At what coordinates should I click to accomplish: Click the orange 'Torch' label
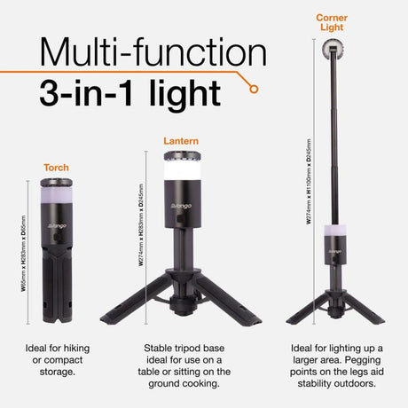[56, 167]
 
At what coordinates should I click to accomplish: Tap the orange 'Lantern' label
[181, 140]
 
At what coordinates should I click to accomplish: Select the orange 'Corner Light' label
[332, 22]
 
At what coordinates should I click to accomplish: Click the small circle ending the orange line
[255, 89]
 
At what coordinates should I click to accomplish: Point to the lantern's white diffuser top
[182, 171]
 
